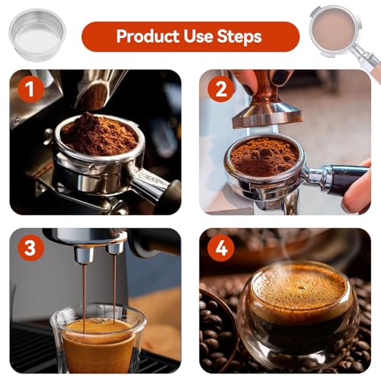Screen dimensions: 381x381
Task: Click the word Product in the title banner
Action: click(146, 36)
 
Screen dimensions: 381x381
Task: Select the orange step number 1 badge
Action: click(30, 90)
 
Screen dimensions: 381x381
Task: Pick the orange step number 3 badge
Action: click(30, 248)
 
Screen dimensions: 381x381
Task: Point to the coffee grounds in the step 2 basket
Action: click(264, 156)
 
